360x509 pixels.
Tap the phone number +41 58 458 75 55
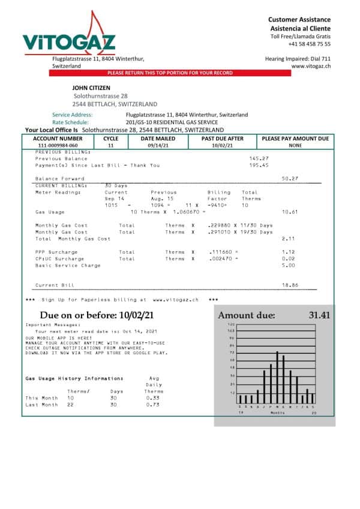pyautogui.click(x=309, y=44)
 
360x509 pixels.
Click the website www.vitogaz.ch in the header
pyautogui.click(x=311, y=66)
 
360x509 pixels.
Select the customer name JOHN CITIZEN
pyautogui.click(x=91, y=88)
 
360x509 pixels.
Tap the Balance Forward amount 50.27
pyautogui.click(x=290, y=179)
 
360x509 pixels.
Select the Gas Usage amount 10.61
pyautogui.click(x=290, y=212)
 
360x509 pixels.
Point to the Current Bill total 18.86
pyautogui.click(x=290, y=285)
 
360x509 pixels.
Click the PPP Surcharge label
pyautogui.click(x=56, y=252)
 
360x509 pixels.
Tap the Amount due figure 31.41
pyautogui.click(x=319, y=315)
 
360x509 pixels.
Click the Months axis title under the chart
pyautogui.click(x=277, y=413)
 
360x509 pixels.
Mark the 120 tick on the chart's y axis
pyautogui.click(x=232, y=324)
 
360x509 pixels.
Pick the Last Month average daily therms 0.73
pyautogui.click(x=154, y=405)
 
